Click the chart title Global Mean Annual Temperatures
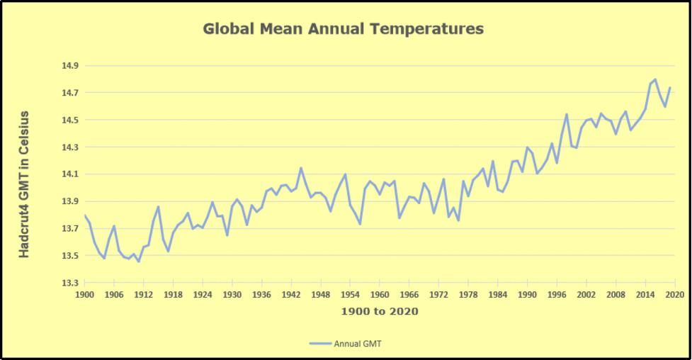[343, 29]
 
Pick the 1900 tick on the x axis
[85, 294]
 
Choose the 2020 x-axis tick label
[674, 294]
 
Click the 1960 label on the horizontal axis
[380, 294]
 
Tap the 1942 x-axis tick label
[291, 294]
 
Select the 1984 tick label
[497, 294]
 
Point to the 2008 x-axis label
[616, 294]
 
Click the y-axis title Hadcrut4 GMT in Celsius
[25, 184]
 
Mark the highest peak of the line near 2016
[655, 79]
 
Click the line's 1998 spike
[567, 114]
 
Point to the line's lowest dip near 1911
[139, 261]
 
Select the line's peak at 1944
[301, 168]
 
